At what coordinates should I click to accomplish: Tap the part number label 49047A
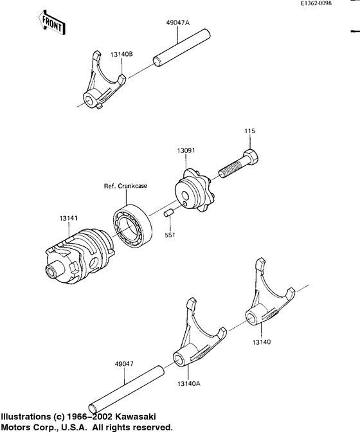click(x=177, y=22)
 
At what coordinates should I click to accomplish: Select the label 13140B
click(x=121, y=55)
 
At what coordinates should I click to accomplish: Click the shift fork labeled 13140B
click(x=101, y=84)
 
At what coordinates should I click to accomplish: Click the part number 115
click(x=249, y=131)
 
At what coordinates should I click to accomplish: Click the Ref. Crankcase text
click(x=125, y=186)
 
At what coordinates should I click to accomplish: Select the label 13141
click(x=69, y=219)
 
